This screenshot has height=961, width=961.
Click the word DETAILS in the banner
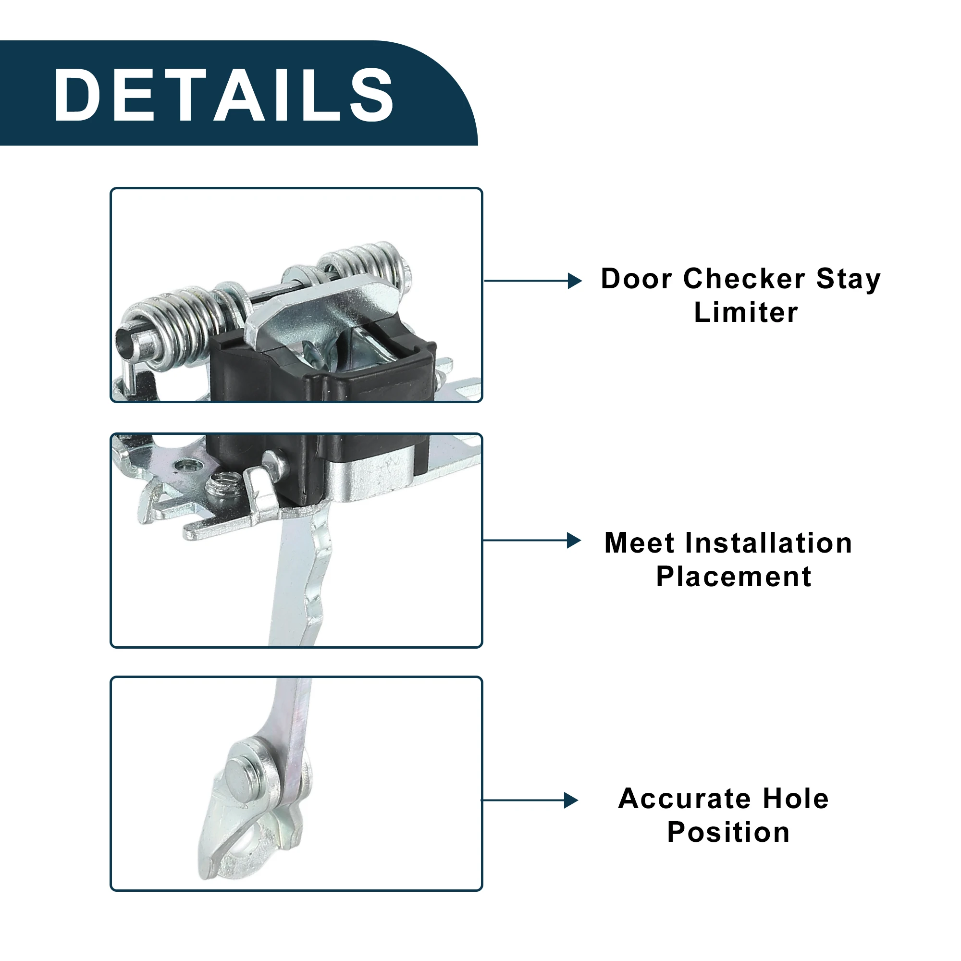[x=224, y=95]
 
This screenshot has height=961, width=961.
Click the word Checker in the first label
[x=745, y=279]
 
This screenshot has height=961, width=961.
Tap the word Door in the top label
[x=637, y=279]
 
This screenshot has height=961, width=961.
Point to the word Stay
[x=849, y=280]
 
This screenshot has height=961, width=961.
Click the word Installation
[x=769, y=542]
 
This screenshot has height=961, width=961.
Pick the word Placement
[x=734, y=577]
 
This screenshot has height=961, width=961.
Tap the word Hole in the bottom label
[x=796, y=799]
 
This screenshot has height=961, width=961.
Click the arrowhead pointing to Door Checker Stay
[x=575, y=281]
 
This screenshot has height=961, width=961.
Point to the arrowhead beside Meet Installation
[x=574, y=540]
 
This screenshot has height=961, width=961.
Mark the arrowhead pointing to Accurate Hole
[x=571, y=801]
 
